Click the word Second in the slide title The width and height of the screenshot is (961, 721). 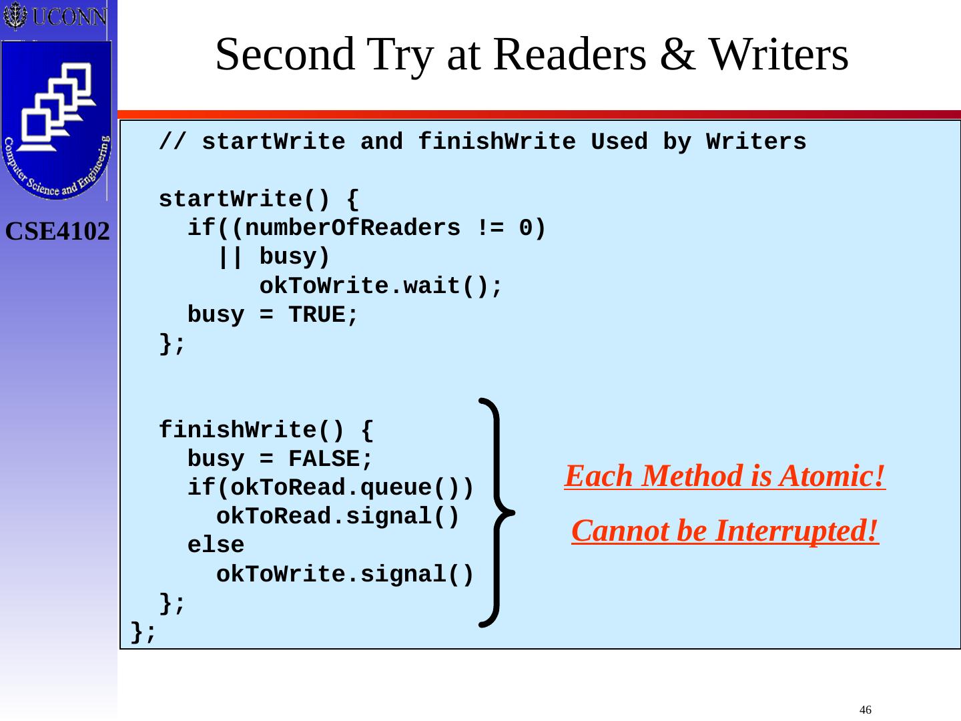(286, 55)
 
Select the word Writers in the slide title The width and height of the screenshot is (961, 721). (778, 55)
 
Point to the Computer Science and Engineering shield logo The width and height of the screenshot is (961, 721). (57, 120)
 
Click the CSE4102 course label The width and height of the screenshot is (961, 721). (57, 232)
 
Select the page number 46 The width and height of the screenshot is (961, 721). (866, 710)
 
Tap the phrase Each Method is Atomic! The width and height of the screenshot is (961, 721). (725, 477)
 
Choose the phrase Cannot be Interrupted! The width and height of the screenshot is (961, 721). (725, 531)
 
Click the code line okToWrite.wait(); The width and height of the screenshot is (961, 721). (380, 286)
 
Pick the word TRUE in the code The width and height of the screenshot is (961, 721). (317, 315)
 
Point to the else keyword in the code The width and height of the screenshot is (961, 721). (216, 545)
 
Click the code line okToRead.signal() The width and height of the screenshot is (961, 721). (338, 517)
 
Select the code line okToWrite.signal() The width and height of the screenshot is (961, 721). (345, 574)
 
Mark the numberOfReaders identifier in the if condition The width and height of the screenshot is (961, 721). (351, 229)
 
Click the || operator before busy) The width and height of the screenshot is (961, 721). (230, 258)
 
